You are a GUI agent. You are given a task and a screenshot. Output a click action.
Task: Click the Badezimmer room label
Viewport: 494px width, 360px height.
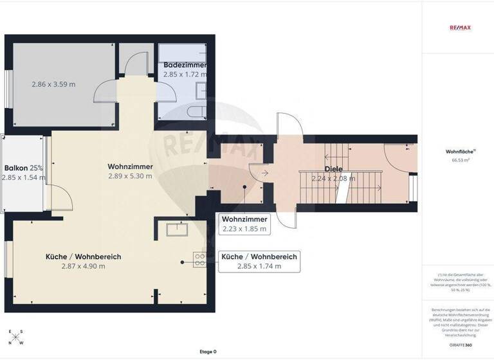[x=185, y=66]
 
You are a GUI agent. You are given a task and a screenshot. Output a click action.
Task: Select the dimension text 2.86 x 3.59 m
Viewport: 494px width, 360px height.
[x=53, y=84]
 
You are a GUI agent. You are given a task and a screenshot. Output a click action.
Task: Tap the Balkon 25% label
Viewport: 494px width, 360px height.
[x=24, y=168]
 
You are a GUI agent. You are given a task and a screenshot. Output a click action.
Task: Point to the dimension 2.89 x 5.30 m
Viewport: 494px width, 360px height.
[x=130, y=176]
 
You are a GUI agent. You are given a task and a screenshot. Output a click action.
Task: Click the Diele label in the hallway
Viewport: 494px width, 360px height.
[x=333, y=170]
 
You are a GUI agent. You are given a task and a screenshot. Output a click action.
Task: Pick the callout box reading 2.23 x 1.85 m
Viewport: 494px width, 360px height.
[x=244, y=223]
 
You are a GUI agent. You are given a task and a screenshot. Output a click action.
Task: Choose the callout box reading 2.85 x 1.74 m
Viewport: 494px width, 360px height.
[x=259, y=262]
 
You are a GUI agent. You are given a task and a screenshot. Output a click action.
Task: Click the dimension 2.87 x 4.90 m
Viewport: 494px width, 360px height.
[x=83, y=266]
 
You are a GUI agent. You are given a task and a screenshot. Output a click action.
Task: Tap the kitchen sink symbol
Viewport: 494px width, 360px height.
[x=175, y=228]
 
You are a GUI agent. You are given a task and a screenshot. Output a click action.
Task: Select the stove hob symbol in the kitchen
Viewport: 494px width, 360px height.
[x=200, y=260]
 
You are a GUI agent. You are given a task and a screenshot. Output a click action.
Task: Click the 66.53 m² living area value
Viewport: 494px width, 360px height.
[x=457, y=160]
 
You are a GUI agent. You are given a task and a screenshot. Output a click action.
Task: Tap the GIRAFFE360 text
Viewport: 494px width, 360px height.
[x=457, y=345]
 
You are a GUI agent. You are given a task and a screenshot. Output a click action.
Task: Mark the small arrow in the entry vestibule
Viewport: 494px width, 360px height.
[x=264, y=172]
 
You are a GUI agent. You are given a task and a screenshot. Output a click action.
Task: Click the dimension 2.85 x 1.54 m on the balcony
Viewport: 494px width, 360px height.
[x=24, y=177]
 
